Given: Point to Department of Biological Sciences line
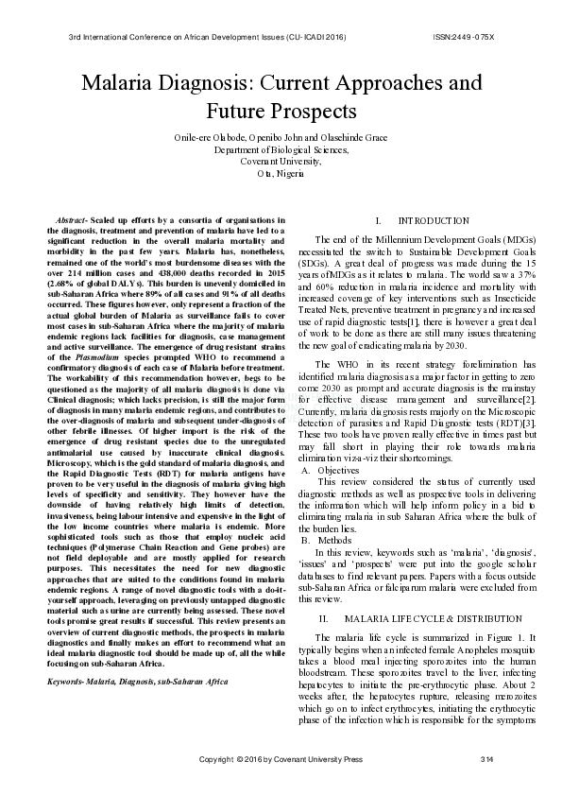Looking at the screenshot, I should [281, 150].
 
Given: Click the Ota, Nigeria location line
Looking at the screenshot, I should [281, 173].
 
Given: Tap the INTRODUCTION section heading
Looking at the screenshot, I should [434, 220].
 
